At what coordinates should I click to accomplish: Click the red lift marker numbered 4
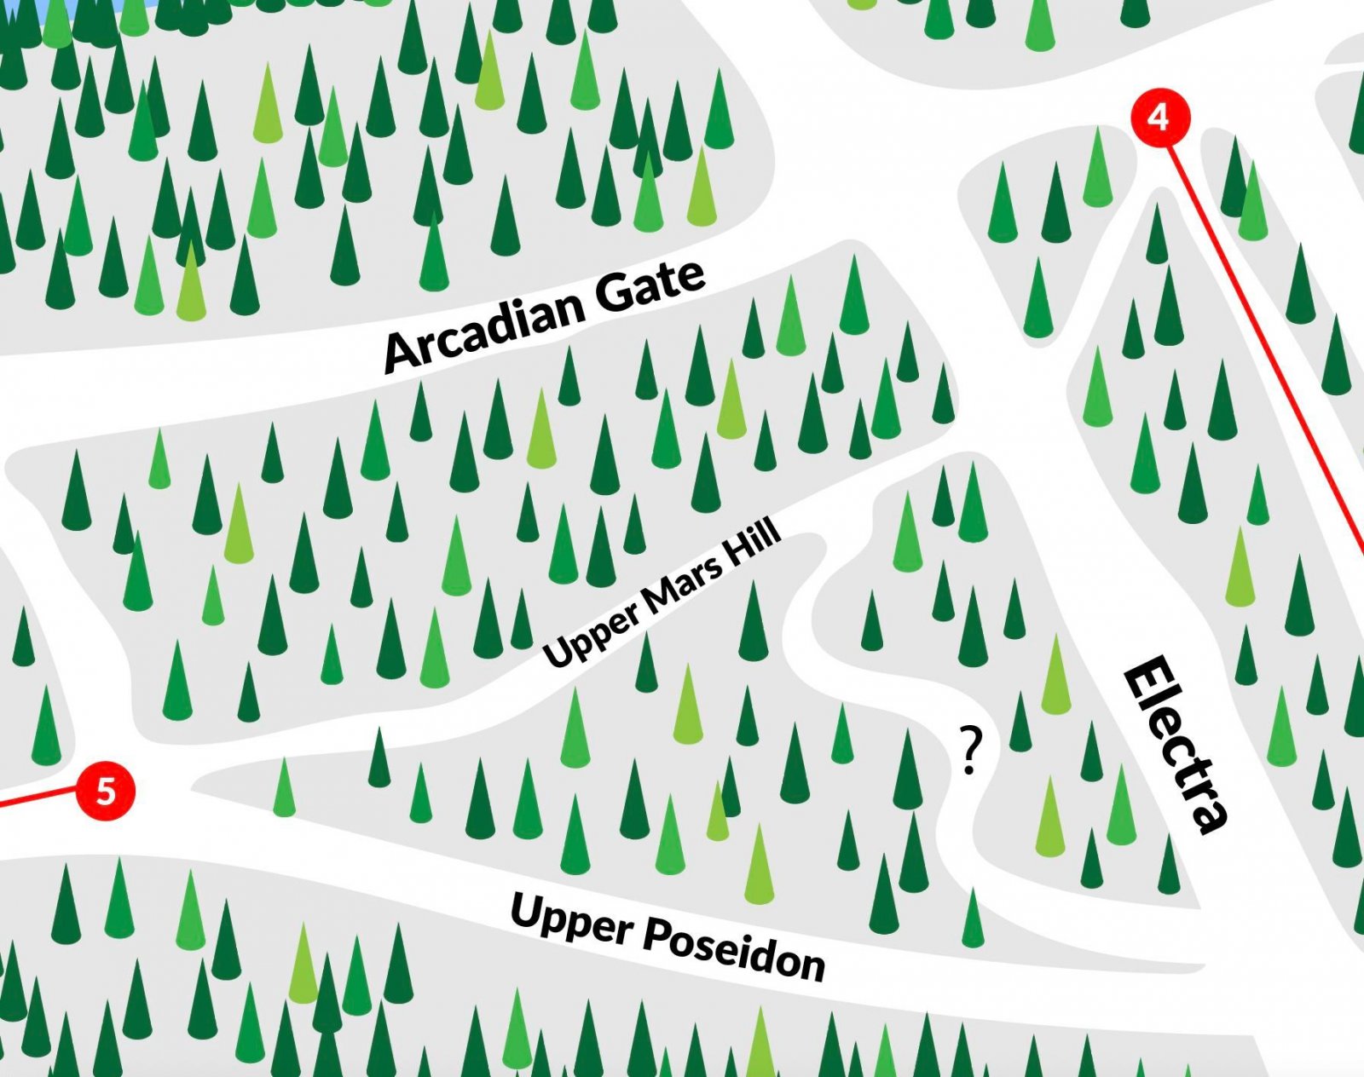point(1160,117)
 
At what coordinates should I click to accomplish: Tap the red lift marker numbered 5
point(106,792)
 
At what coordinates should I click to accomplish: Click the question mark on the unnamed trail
point(970,750)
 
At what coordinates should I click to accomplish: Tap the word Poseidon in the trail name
point(734,948)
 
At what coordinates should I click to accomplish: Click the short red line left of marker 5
point(38,798)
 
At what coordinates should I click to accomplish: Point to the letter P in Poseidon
point(656,934)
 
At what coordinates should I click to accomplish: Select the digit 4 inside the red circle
point(1159,117)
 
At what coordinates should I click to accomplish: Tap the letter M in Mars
point(655,598)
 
